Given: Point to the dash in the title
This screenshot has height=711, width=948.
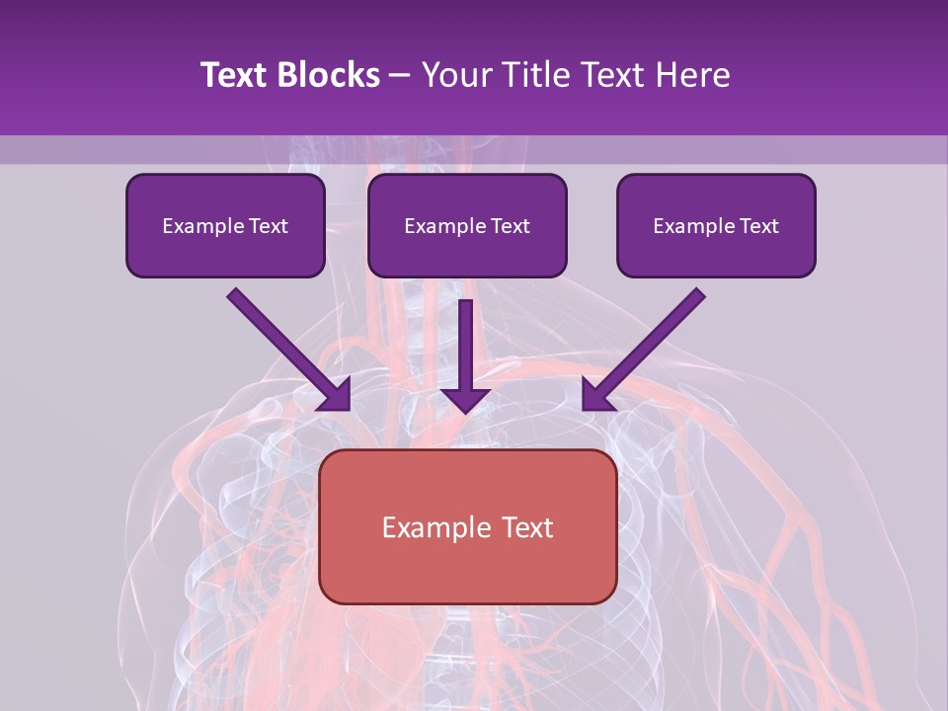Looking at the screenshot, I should click(x=400, y=76).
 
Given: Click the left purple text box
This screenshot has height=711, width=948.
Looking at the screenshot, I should click(x=225, y=226).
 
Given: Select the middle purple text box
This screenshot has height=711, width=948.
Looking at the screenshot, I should click(x=467, y=226).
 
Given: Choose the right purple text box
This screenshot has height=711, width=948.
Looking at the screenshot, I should click(x=716, y=226).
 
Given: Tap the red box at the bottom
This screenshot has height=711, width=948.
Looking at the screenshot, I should click(x=467, y=526).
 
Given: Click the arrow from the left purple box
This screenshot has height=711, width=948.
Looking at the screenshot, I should click(x=286, y=347).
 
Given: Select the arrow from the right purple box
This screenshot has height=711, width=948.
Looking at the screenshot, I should click(x=647, y=347).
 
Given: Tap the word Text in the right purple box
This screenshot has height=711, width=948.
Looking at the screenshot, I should click(x=759, y=226).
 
